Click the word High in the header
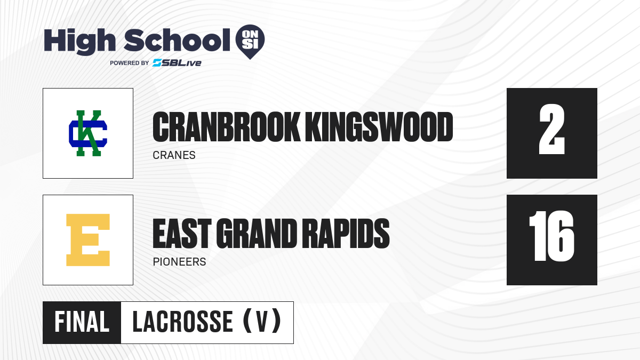80,42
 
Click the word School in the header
177,40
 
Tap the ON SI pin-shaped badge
250,42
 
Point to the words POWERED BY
130,63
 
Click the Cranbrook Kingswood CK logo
88,133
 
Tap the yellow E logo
88,240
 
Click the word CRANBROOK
226,127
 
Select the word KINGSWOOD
379,127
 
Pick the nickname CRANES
174,155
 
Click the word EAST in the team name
182,234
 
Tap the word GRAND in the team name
257,234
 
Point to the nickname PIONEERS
179,262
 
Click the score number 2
551,130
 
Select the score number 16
551,236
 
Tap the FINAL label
82,322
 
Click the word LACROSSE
182,322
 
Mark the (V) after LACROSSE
262,321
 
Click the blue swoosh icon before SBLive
157,63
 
